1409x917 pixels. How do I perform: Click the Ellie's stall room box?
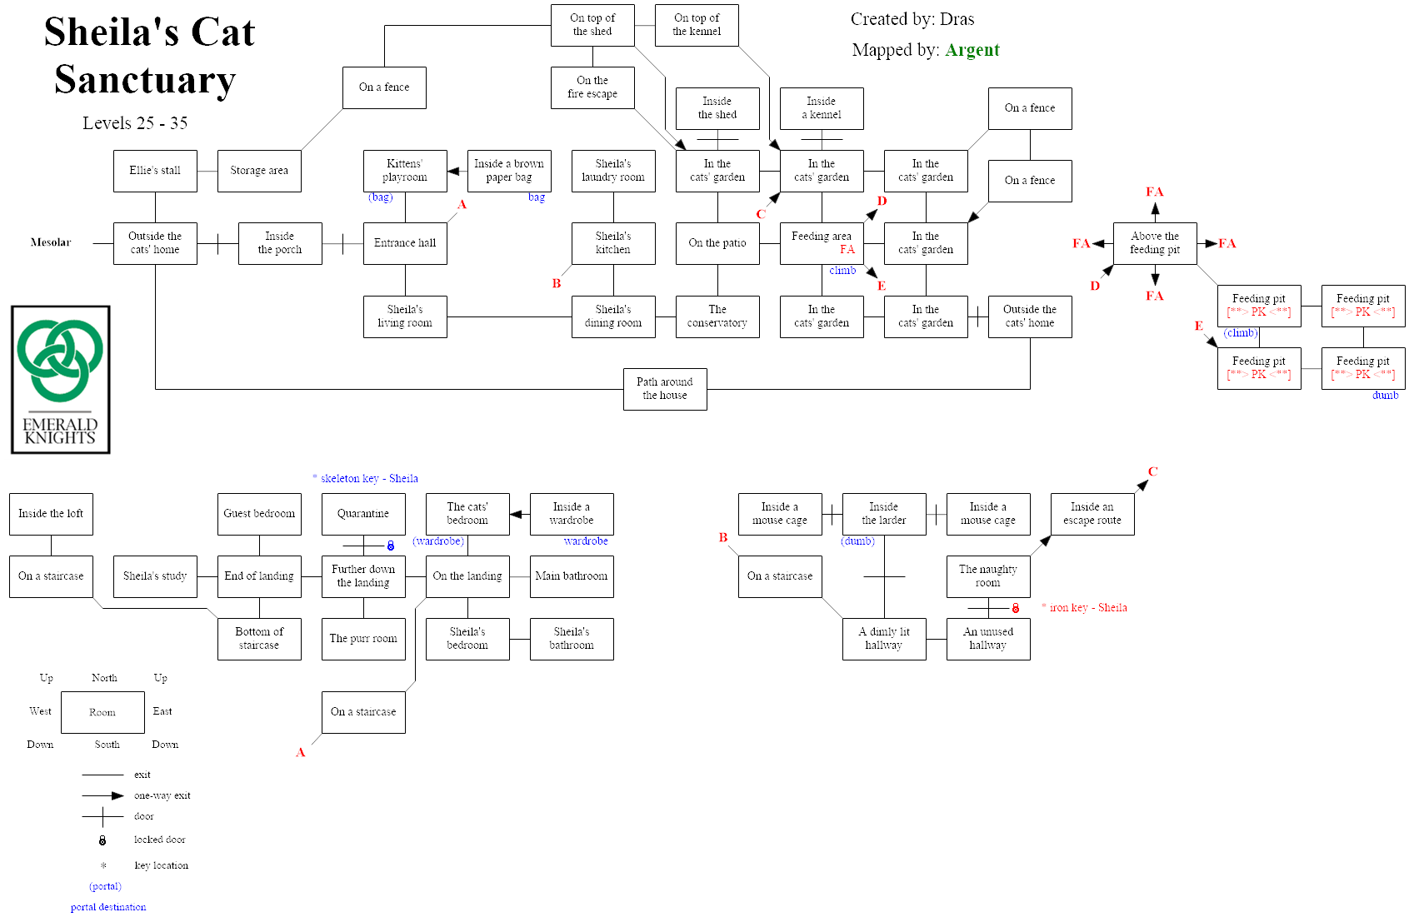(155, 171)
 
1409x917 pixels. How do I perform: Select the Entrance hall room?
(405, 243)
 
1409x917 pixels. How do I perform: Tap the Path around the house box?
(665, 389)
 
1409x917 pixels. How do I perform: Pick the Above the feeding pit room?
(1155, 243)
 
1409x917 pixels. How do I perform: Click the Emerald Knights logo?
(61, 380)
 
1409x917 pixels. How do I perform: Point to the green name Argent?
(972, 50)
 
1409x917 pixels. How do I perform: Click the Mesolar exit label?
(51, 242)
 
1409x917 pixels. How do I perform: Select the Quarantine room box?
(363, 514)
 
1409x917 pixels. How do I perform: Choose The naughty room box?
(988, 576)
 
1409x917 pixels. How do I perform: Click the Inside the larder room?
(884, 514)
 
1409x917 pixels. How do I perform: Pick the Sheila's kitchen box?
(613, 243)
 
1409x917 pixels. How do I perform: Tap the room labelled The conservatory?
(717, 316)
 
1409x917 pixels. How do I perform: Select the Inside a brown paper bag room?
(509, 171)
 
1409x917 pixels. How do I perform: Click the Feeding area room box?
(822, 243)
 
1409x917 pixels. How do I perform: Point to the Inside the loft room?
(51, 514)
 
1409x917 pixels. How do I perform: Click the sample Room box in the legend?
(102, 712)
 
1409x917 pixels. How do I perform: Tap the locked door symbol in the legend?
(102, 840)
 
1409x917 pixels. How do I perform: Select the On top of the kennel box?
(697, 25)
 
